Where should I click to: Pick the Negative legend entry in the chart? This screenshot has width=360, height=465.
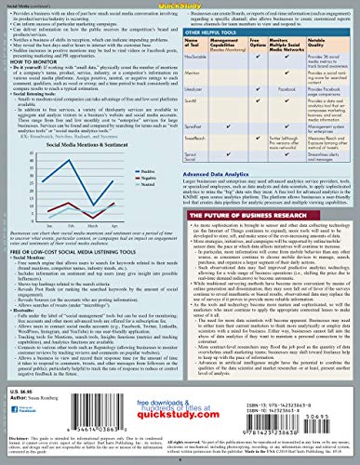(140, 179)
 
